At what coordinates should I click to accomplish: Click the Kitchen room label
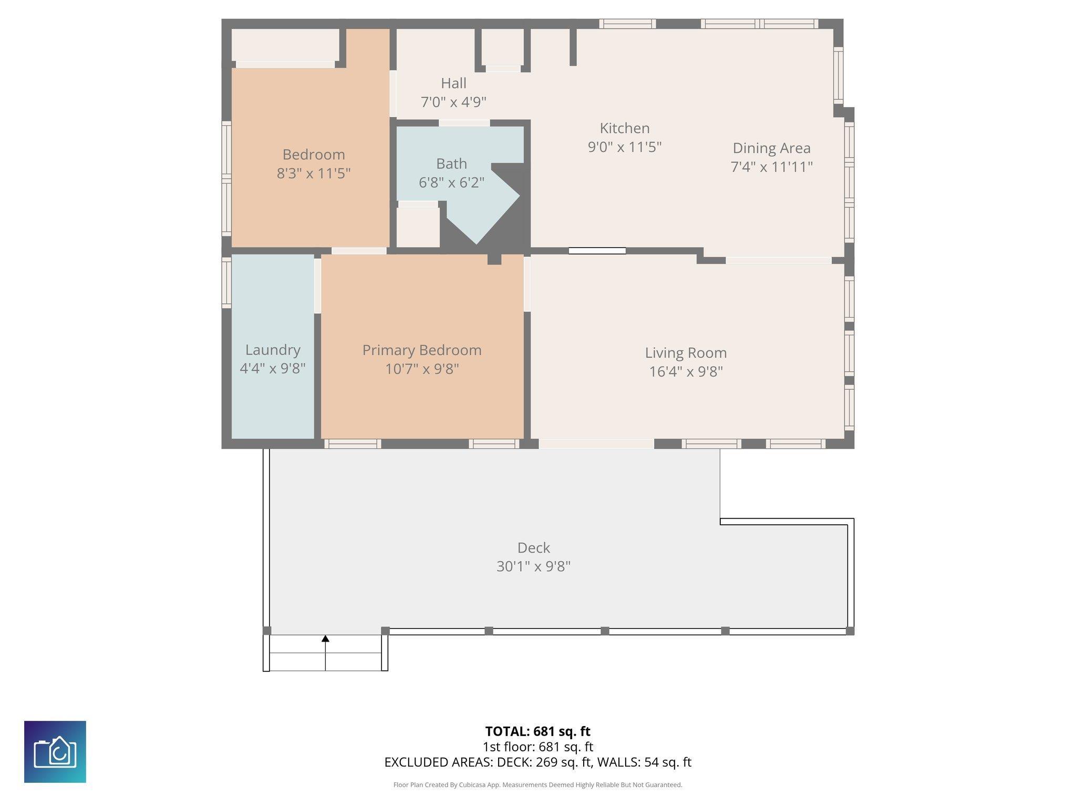[625, 128]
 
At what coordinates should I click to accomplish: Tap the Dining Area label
[771, 148]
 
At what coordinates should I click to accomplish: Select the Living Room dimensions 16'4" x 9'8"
[686, 372]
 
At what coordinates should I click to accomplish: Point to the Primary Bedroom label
[422, 350]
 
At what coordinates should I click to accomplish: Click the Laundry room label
[273, 350]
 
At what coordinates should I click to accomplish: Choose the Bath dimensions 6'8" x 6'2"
[451, 183]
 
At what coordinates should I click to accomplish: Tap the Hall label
[453, 83]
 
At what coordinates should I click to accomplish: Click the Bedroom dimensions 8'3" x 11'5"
[314, 173]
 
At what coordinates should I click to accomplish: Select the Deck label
[534, 547]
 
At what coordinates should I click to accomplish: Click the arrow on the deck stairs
[325, 653]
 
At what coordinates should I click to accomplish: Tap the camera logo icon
[55, 752]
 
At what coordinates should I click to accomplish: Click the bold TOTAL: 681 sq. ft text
[537, 731]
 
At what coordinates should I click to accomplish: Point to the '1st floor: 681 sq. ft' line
[537, 747]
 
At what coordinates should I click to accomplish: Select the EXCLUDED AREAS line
[537, 762]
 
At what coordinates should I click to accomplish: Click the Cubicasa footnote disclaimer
[537, 785]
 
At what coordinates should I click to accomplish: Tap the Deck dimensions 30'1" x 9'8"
[534, 567]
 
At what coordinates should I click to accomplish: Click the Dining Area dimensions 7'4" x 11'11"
[771, 167]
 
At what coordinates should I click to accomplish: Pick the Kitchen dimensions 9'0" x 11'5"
[625, 147]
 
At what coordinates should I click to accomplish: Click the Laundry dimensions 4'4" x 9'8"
[273, 369]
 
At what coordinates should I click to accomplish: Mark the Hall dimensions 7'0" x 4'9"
[453, 102]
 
